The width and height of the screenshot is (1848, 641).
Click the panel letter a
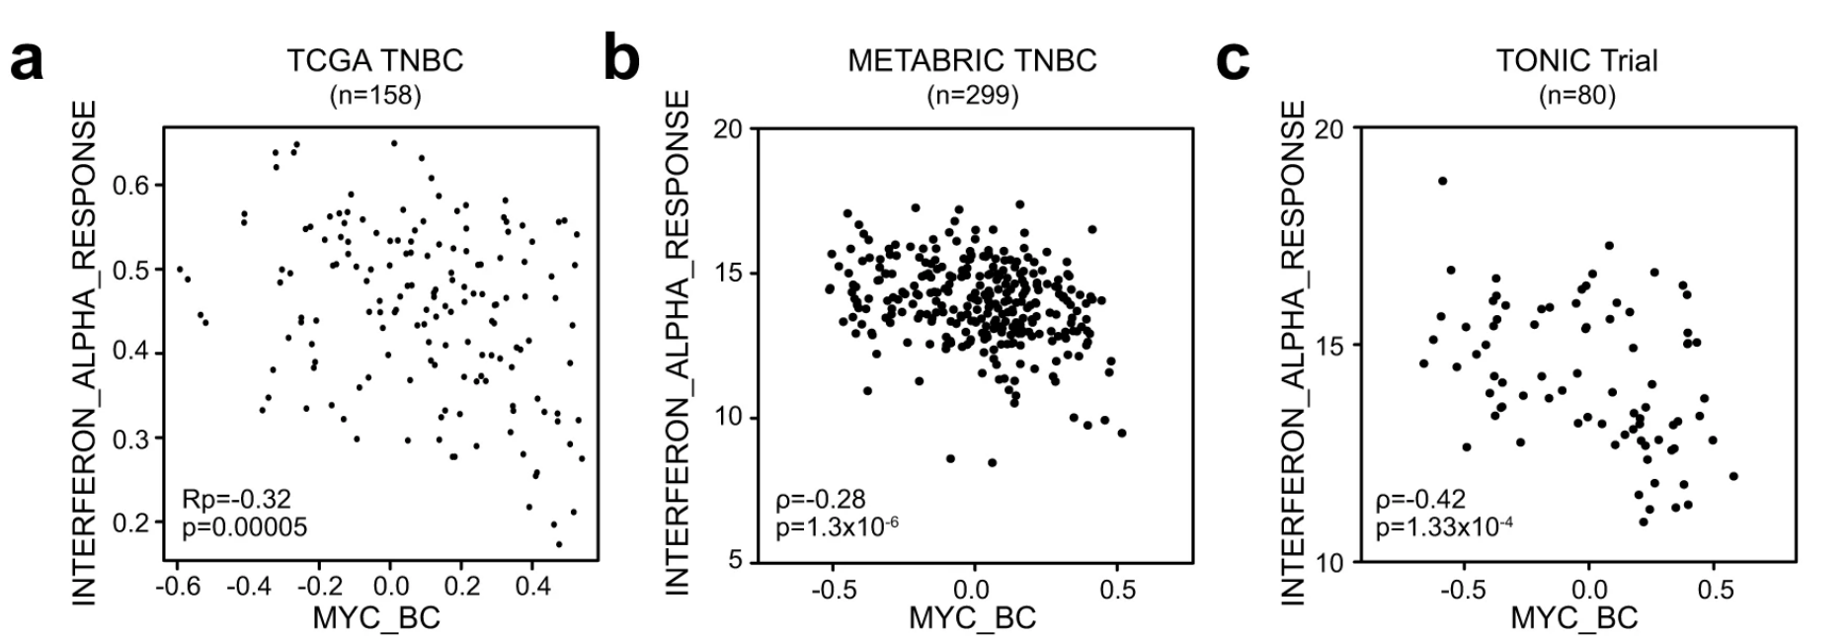pyautogui.click(x=28, y=61)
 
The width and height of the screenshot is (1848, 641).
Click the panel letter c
pyautogui.click(x=1233, y=61)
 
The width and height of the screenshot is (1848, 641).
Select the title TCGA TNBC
pyautogui.click(x=374, y=60)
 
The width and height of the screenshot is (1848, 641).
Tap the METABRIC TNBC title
pyautogui.click(x=972, y=60)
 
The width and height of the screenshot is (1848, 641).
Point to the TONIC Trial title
pyautogui.click(x=1576, y=60)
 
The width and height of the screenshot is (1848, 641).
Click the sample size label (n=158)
pyautogui.click(x=374, y=96)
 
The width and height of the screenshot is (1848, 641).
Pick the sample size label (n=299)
pyautogui.click(x=972, y=96)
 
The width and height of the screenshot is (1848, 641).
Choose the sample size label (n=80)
pyautogui.click(x=1576, y=96)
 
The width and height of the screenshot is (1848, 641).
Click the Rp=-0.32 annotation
pyautogui.click(x=236, y=499)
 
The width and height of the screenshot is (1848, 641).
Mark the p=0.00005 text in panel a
pyautogui.click(x=244, y=527)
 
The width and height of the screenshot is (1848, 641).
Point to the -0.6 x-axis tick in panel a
pyautogui.click(x=178, y=587)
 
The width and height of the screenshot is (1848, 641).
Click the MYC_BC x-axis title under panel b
pyautogui.click(x=972, y=618)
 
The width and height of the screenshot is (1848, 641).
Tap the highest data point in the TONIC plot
pyautogui.click(x=1442, y=181)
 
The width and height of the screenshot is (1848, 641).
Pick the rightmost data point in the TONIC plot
pyautogui.click(x=1732, y=476)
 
